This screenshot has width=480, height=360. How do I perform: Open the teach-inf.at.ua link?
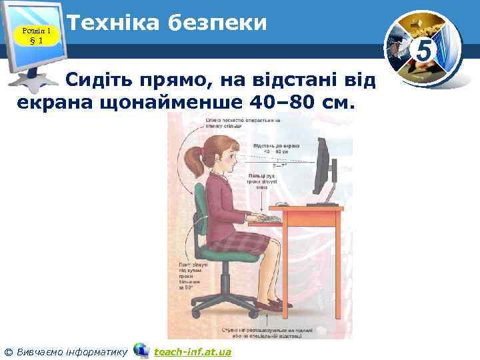coord(192,351)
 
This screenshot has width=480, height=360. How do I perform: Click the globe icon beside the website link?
coord(141,350)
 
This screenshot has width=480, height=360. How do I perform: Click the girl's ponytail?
coord(193,160)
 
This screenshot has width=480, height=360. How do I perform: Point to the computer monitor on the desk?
coord(324,170)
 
